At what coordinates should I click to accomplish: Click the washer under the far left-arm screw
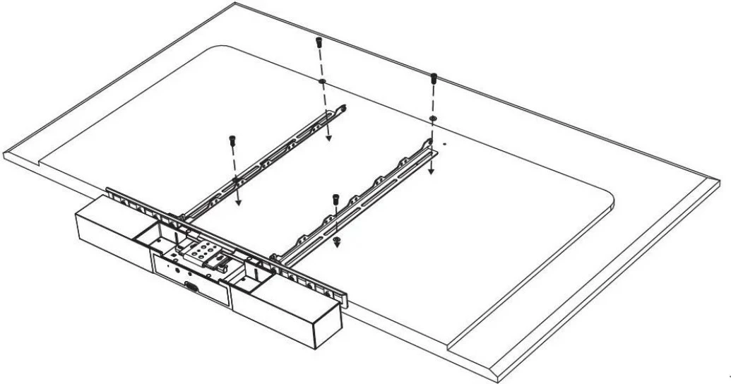[321, 83]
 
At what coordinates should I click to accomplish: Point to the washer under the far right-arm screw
[433, 117]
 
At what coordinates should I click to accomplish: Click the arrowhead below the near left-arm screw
[238, 201]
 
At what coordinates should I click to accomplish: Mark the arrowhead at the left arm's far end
[328, 139]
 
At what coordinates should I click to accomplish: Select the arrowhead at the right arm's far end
[432, 170]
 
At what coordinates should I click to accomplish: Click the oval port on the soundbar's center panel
[191, 287]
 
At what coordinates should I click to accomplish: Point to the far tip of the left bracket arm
[344, 108]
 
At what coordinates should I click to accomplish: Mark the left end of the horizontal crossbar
[109, 191]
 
